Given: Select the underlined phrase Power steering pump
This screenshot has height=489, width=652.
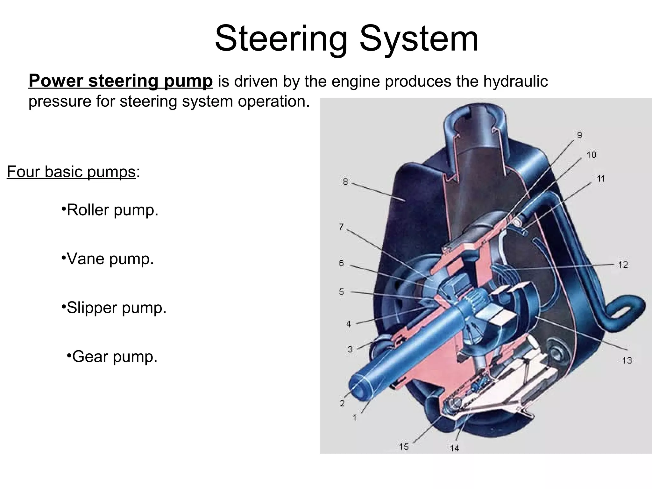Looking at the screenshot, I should [121, 81].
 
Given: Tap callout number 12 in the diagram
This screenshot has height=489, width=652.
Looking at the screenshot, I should [623, 265].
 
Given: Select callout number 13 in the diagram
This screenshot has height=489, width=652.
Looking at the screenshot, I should [627, 360].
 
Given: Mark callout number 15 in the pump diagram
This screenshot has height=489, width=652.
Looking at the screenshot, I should [404, 447].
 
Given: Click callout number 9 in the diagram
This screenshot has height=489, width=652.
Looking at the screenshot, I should [579, 135].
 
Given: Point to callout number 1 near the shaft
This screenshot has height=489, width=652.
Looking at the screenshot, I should [354, 417].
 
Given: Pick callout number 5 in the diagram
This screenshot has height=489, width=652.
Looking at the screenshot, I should [341, 292].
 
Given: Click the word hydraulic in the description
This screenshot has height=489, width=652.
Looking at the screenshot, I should [515, 81].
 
